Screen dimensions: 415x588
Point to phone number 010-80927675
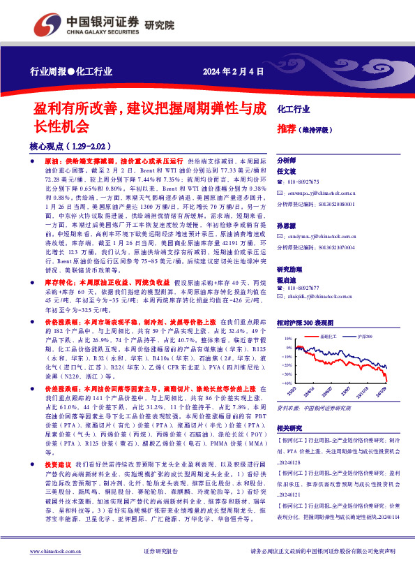[x=309, y=181]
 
